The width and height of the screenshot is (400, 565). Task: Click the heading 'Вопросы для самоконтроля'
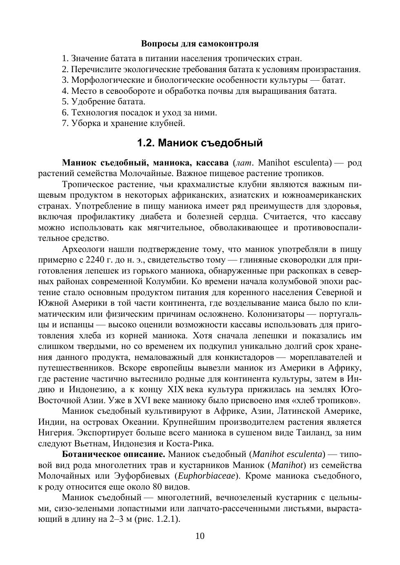[x=200, y=43]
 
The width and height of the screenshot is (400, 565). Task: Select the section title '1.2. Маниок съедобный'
[x=200, y=143]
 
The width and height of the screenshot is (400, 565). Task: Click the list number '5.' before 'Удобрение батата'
[x=65, y=102]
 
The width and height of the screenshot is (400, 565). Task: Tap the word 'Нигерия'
[x=55, y=433]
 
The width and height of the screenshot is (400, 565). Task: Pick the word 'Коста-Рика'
[x=193, y=444]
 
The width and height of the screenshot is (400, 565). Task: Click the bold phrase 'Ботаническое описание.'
[x=113, y=455]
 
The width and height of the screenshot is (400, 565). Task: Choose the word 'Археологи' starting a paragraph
[x=83, y=249]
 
